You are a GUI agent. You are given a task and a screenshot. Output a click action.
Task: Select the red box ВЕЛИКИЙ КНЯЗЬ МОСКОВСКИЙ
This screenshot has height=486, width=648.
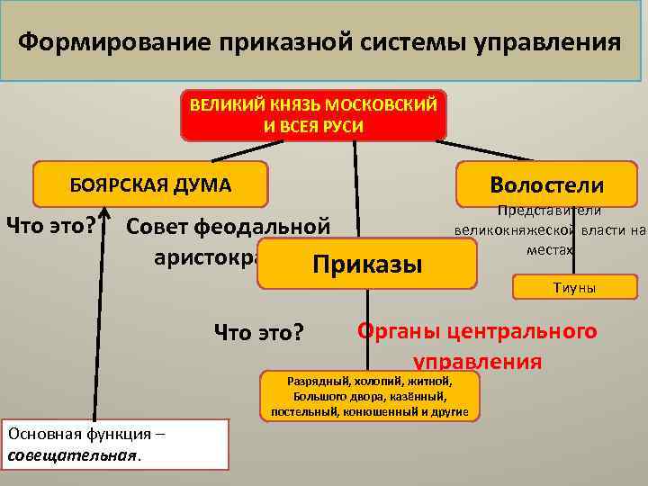coord(313,115)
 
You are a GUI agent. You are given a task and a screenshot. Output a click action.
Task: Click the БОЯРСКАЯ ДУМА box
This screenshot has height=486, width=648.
coord(150,185)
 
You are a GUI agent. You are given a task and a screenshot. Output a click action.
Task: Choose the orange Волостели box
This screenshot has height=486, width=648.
coord(546,184)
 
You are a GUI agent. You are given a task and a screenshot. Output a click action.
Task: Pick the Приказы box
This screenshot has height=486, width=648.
coord(366,265)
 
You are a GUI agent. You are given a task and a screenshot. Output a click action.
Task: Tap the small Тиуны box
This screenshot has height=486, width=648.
coord(573,288)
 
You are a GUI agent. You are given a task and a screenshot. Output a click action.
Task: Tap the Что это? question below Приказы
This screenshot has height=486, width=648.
coord(258,333)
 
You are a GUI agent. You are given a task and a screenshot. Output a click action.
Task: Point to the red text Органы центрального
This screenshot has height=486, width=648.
coord(477,330)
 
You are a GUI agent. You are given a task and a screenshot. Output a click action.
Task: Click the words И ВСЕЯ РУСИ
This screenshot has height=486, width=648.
coord(313,126)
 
